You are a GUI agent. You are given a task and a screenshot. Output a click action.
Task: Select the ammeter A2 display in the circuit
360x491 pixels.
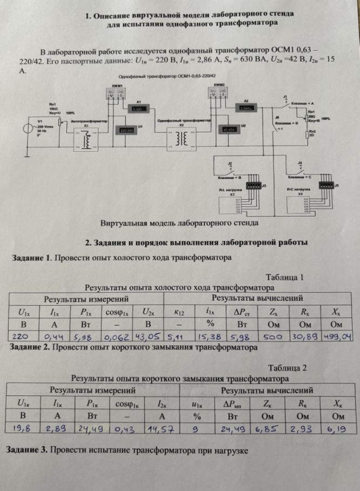[x=246, y=108]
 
